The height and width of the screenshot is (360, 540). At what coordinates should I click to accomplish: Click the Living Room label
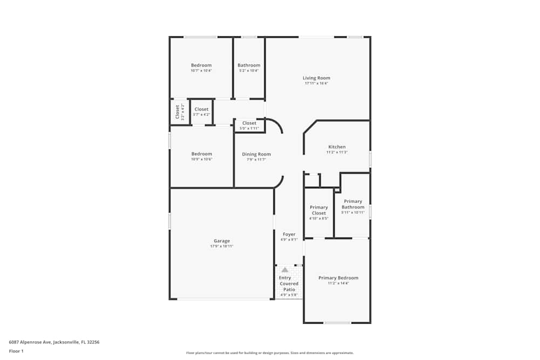click(x=316, y=78)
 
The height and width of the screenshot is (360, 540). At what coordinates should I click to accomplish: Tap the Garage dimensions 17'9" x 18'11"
click(x=221, y=246)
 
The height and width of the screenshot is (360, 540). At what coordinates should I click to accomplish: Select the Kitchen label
click(x=337, y=147)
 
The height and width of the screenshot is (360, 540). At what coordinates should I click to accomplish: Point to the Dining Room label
click(x=256, y=154)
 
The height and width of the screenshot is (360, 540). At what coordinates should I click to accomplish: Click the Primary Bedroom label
click(x=338, y=278)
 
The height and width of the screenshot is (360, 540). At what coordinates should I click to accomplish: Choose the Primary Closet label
click(x=319, y=210)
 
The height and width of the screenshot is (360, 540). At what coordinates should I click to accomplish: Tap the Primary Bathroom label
click(x=353, y=204)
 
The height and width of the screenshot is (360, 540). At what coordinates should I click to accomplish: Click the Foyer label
click(x=288, y=234)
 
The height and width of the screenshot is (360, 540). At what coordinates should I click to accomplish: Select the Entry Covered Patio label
click(x=289, y=283)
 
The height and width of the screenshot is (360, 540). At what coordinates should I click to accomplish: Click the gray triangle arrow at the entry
click(x=285, y=270)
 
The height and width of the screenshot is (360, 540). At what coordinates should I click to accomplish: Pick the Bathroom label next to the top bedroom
click(x=249, y=65)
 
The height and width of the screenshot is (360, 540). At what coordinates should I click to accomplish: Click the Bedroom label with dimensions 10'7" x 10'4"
click(x=201, y=65)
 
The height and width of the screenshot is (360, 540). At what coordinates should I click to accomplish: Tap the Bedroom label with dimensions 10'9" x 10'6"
click(x=201, y=154)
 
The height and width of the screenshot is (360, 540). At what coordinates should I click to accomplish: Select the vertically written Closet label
click(x=177, y=112)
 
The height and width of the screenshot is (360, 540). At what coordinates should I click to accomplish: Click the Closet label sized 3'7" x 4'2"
click(x=201, y=109)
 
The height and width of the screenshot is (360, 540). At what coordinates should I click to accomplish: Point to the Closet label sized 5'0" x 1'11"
click(x=249, y=123)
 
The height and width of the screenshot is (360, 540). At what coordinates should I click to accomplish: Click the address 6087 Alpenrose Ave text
click(x=54, y=342)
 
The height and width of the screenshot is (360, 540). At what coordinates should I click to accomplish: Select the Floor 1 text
click(x=16, y=351)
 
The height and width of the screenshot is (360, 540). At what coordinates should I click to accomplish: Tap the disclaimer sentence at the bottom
click(x=270, y=352)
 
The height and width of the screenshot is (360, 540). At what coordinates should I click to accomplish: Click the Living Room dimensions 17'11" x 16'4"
click(x=316, y=83)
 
